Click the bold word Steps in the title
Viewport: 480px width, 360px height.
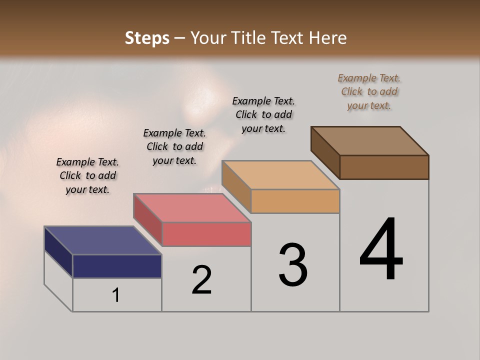[x=147, y=38]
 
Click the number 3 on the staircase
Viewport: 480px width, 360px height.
[x=293, y=265]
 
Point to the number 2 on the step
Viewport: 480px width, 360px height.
[x=201, y=280]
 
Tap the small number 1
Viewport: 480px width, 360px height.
[x=116, y=295]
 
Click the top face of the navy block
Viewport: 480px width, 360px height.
[x=103, y=240]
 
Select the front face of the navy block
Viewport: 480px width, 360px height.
[x=117, y=266]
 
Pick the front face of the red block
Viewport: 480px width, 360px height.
[x=206, y=234]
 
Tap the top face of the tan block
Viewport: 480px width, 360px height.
[x=280, y=175]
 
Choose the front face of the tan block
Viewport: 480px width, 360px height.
[x=295, y=201]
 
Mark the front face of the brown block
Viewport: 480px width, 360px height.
[x=384, y=167]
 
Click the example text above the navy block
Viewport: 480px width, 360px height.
[x=87, y=175]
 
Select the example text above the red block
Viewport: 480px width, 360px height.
[x=174, y=146]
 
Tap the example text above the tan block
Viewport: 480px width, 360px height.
[x=263, y=114]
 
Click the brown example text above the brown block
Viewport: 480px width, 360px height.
[x=369, y=91]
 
